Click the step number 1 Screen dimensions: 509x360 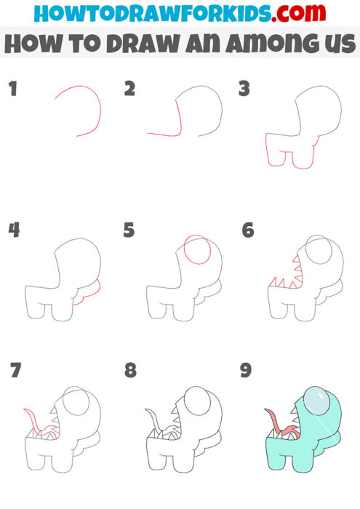coord(12,89)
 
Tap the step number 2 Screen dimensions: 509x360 coord(130,89)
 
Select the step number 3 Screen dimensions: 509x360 coord(244,89)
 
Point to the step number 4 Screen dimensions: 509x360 coord(13,231)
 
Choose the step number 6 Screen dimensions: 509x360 coord(248,231)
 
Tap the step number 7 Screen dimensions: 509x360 coord(15,371)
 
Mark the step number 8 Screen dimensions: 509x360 coord(130,371)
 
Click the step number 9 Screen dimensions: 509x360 coord(246,371)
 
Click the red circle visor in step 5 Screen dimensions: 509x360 coord(198,251)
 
